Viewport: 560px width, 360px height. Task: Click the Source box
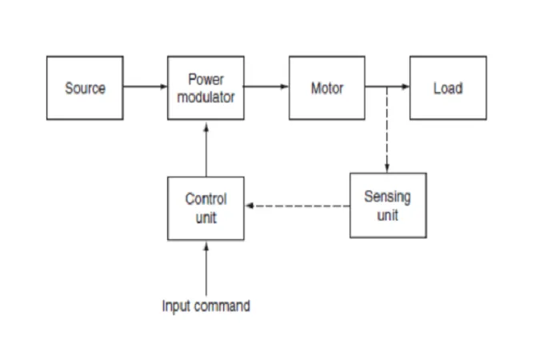click(x=85, y=88)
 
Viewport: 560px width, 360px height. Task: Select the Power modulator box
click(x=206, y=88)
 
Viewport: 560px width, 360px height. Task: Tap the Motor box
click(x=327, y=88)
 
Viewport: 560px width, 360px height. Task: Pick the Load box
click(x=448, y=88)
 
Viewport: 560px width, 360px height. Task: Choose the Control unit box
click(x=206, y=208)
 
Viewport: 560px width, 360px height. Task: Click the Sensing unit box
click(x=388, y=206)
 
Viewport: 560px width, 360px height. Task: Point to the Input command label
click(x=206, y=306)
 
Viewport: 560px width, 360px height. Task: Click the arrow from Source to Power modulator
click(x=146, y=86)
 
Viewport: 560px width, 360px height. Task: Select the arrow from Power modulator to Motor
click(x=266, y=86)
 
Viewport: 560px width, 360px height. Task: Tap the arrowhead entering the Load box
click(x=406, y=86)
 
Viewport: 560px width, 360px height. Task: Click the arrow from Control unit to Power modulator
click(x=206, y=150)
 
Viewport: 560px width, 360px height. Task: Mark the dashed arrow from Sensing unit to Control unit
click(x=298, y=206)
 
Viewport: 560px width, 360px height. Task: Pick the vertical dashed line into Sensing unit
click(x=387, y=130)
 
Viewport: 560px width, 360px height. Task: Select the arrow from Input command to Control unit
click(x=206, y=270)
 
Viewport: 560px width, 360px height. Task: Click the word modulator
click(x=206, y=97)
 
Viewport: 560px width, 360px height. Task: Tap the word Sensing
click(x=387, y=197)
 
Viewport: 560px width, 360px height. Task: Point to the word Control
click(x=206, y=199)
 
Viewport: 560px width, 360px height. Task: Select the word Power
click(x=206, y=79)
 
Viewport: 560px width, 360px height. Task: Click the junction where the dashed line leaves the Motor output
click(x=387, y=86)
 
